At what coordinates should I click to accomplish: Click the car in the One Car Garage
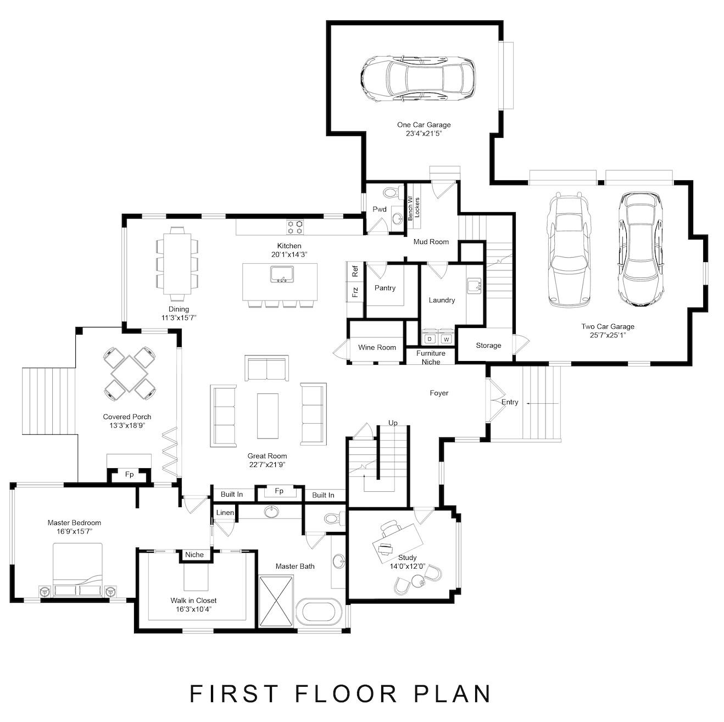coord(418,78)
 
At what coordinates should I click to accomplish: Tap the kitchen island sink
coord(282,274)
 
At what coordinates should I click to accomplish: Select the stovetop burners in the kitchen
coord(294,224)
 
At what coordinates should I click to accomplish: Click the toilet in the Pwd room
coord(391,193)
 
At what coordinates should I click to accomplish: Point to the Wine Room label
coord(377,347)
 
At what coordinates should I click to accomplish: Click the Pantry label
coord(385,288)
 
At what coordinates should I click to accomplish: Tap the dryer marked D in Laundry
coord(430,339)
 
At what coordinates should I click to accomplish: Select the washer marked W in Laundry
coord(446,339)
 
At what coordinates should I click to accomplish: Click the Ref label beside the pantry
coord(355,271)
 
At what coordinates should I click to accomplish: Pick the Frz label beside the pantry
coord(355,291)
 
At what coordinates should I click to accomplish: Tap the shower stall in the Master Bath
coord(276,601)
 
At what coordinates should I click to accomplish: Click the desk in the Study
coord(397,541)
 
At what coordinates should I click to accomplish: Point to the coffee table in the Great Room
coord(268,415)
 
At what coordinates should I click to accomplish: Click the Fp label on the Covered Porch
coord(129,474)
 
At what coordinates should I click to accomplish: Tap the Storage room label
coord(488,346)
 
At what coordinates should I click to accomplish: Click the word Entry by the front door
coord(510,402)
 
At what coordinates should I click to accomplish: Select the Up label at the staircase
coord(393,423)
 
